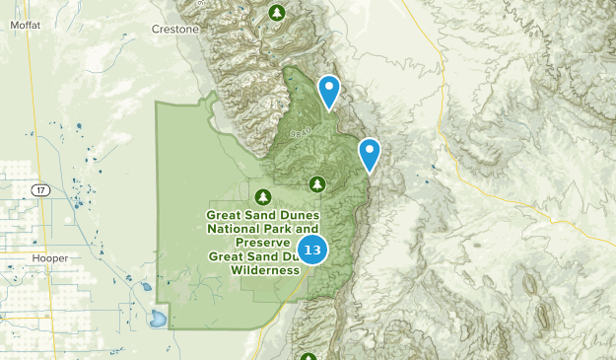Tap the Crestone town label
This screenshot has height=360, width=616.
(175, 30)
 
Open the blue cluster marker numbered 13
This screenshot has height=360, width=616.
(311, 251)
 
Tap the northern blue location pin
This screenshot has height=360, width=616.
(330, 91)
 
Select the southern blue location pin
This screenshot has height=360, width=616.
(370, 153)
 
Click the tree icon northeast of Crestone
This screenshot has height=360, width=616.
(277, 13)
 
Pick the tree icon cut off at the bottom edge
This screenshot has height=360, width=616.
(308, 357)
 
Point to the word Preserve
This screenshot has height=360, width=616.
(262, 242)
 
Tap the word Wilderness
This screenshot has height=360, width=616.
(271, 269)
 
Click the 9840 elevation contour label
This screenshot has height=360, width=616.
(302, 132)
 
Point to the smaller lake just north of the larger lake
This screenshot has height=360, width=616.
(146, 288)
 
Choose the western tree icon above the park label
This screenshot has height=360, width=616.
(263, 194)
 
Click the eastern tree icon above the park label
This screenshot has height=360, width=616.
(317, 183)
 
